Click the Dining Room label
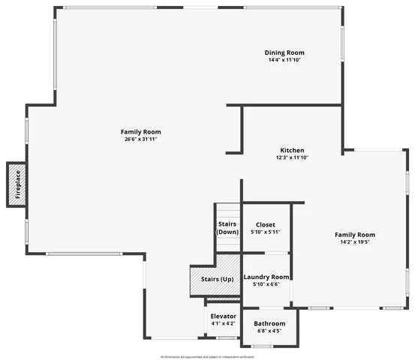click(x=284, y=52)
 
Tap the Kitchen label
click(x=292, y=150)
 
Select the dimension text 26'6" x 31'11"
click(x=140, y=139)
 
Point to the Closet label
click(x=265, y=224)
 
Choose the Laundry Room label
click(x=266, y=277)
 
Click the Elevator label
click(x=223, y=316)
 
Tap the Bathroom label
click(x=269, y=323)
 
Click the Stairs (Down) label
click(x=227, y=228)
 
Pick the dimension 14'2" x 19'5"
click(x=355, y=242)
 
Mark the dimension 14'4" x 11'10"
click(x=284, y=60)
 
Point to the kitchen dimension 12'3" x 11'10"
click(x=292, y=157)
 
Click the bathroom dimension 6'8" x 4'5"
click(x=269, y=331)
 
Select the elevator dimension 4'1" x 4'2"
click(x=223, y=323)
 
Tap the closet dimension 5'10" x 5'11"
click(x=265, y=232)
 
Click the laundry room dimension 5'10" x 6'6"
click(x=266, y=284)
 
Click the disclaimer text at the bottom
click(x=207, y=357)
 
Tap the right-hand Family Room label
click(x=355, y=235)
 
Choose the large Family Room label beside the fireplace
click(x=140, y=131)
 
